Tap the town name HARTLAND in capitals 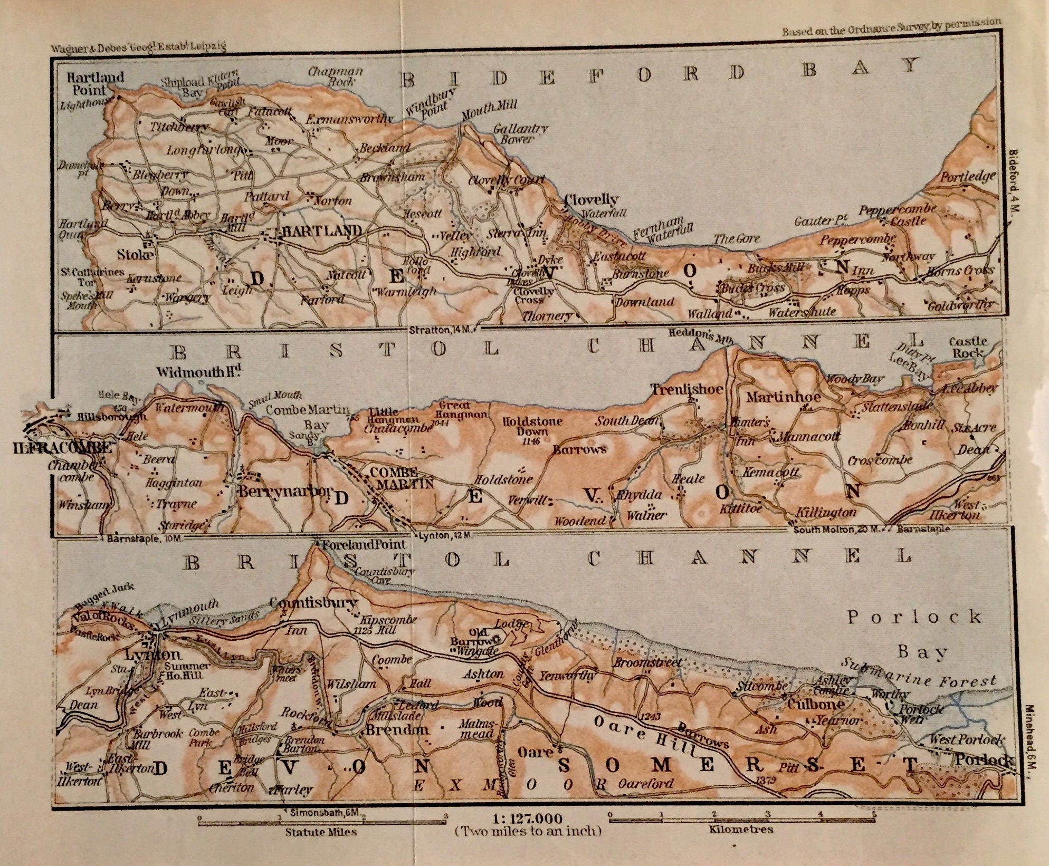point(322,231)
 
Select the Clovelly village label point(591,200)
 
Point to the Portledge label point(968,177)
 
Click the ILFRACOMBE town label point(62,448)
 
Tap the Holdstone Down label point(532,426)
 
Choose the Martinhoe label point(783,397)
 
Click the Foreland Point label point(365,544)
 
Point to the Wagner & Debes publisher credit point(138,47)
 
